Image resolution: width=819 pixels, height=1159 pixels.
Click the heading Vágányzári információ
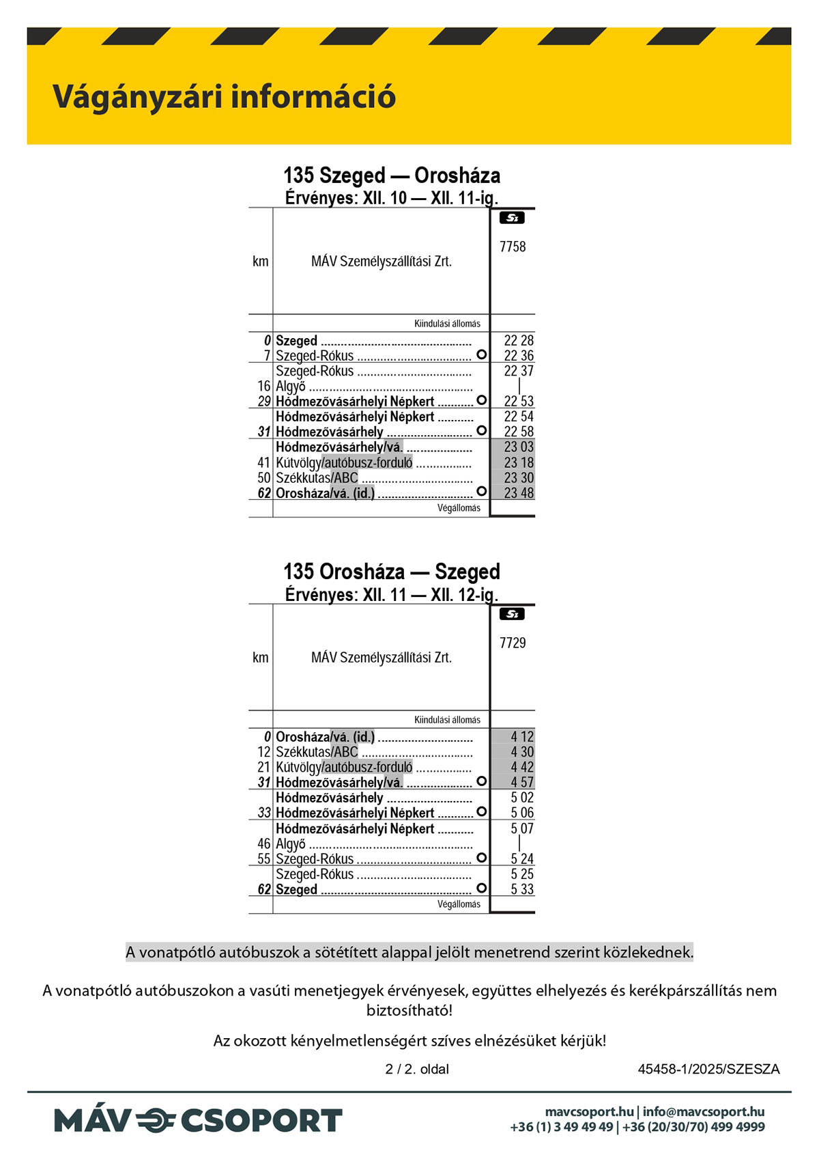pyautogui.click(x=224, y=97)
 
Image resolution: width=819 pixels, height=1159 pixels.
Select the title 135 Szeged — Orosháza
pyautogui.click(x=392, y=176)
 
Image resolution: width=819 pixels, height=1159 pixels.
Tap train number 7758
pyautogui.click(x=513, y=247)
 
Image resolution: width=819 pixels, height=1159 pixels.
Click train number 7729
pyautogui.click(x=513, y=643)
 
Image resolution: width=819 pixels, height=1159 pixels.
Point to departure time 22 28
pyautogui.click(x=519, y=341)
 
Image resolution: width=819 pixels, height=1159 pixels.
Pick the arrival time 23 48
pyautogui.click(x=519, y=493)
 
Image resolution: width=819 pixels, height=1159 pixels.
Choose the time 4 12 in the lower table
pyautogui.click(x=522, y=737)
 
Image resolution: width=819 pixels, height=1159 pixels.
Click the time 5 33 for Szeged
pyautogui.click(x=522, y=889)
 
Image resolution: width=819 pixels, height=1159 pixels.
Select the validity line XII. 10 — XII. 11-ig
pyautogui.click(x=392, y=198)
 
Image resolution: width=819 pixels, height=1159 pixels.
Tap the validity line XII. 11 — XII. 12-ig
pyautogui.click(x=392, y=594)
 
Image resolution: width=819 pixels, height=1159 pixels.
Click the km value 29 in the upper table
pyautogui.click(x=264, y=402)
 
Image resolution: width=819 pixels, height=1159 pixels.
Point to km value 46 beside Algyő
pyautogui.click(x=264, y=844)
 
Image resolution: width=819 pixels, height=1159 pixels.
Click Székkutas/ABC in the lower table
pyautogui.click(x=317, y=752)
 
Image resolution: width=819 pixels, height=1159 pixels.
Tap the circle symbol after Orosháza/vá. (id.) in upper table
pyautogui.click(x=481, y=492)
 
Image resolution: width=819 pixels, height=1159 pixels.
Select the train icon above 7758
pyautogui.click(x=512, y=219)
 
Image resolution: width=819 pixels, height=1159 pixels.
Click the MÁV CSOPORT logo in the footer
pyautogui.click(x=198, y=1121)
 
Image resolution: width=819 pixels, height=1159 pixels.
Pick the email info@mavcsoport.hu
pyautogui.click(x=704, y=1112)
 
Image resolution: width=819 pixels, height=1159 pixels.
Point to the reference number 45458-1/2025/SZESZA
pyautogui.click(x=708, y=1069)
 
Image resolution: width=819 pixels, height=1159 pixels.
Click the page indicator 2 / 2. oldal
pyautogui.click(x=417, y=1069)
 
